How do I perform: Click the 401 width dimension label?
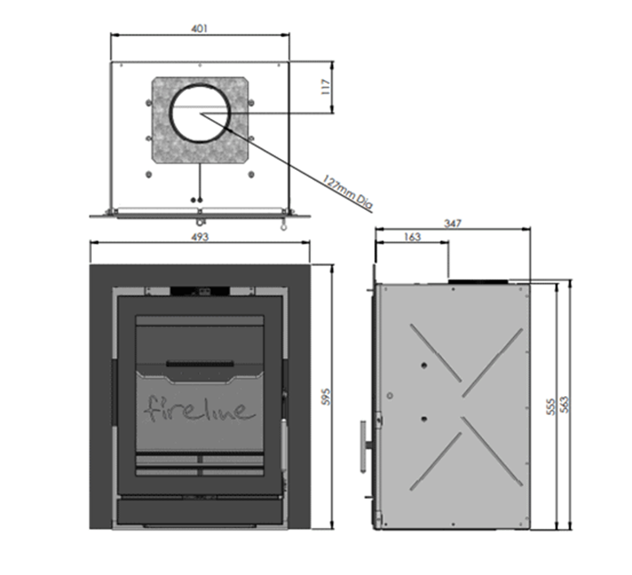(201, 28)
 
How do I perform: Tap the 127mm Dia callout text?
(348, 190)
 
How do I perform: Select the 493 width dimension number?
(201, 237)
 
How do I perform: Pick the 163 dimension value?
(411, 237)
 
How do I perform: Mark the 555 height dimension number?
(549, 406)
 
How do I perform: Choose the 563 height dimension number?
(565, 406)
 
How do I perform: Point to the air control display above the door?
(201, 292)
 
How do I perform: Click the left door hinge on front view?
(115, 391)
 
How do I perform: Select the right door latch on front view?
(283, 391)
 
